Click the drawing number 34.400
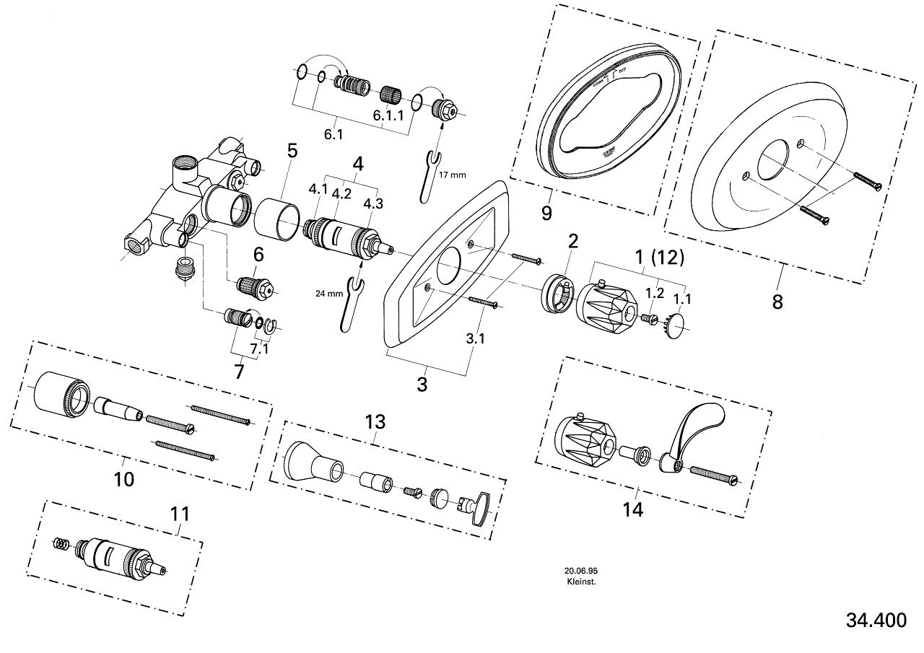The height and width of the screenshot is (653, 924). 876,620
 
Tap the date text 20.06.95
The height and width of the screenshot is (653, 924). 580,569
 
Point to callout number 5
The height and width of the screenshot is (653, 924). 292,151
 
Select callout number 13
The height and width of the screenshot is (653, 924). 375,421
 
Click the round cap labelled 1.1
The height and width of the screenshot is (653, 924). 677,325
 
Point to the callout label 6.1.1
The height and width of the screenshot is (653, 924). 388,115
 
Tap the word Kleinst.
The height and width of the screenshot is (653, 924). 580,580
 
